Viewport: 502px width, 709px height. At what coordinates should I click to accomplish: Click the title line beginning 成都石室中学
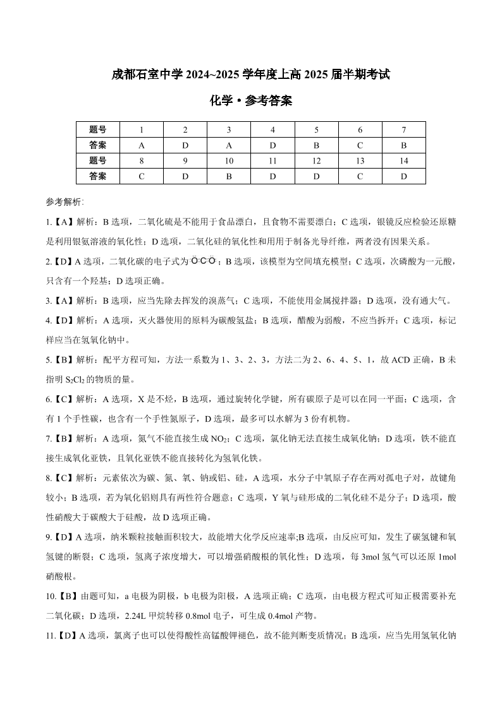pos(250,74)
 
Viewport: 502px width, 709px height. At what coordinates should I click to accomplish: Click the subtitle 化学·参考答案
pos(250,100)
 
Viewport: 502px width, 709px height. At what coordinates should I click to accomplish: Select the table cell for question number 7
pos(403,129)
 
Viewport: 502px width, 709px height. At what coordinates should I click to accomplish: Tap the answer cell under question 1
pos(142,145)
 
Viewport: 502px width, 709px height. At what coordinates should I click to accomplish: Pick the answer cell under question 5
pos(316,145)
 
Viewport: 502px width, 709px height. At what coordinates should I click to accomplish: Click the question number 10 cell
pos(229,161)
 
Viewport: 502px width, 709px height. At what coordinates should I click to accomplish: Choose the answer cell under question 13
pos(360,177)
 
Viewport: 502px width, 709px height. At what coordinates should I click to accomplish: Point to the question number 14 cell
pos(403,161)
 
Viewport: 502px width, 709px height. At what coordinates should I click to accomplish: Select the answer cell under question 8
pos(142,177)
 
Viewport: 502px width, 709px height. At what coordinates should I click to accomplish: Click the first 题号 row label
pos(97,129)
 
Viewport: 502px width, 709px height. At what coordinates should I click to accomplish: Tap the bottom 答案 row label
pos(97,177)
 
